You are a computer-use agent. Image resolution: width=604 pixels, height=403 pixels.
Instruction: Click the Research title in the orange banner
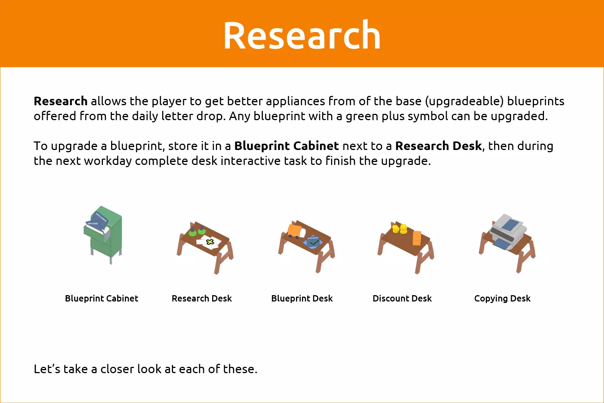pos(302,35)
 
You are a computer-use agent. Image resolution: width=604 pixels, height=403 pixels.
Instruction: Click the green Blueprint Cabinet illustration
pos(103,235)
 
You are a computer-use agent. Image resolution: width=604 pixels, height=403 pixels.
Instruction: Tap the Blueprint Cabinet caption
pos(101,298)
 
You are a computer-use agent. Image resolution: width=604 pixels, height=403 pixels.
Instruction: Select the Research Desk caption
pos(202,298)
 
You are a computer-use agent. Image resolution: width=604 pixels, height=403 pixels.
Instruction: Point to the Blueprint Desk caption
pos(302,298)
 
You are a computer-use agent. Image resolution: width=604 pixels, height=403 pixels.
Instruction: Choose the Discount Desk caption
pos(402,298)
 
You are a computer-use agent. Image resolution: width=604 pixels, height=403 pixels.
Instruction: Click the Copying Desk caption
pos(502,298)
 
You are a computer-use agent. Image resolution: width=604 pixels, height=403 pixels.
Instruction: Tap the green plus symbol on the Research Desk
pos(210,241)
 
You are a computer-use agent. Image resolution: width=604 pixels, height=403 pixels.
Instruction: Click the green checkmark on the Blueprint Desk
pos(314,243)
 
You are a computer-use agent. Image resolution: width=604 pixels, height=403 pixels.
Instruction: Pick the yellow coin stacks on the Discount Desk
pos(400,229)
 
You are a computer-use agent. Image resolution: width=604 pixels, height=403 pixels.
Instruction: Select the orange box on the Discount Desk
pos(417,238)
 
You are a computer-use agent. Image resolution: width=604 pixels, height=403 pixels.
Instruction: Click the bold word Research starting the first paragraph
pos(61,101)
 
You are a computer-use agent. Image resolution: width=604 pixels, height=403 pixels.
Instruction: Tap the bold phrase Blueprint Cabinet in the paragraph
pos(286,146)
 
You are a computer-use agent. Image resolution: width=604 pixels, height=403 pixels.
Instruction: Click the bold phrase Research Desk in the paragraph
pos(438,146)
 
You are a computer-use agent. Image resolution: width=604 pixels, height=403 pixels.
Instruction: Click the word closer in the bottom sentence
pos(117,369)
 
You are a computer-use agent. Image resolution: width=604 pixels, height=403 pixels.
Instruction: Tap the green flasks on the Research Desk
pos(197,231)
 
